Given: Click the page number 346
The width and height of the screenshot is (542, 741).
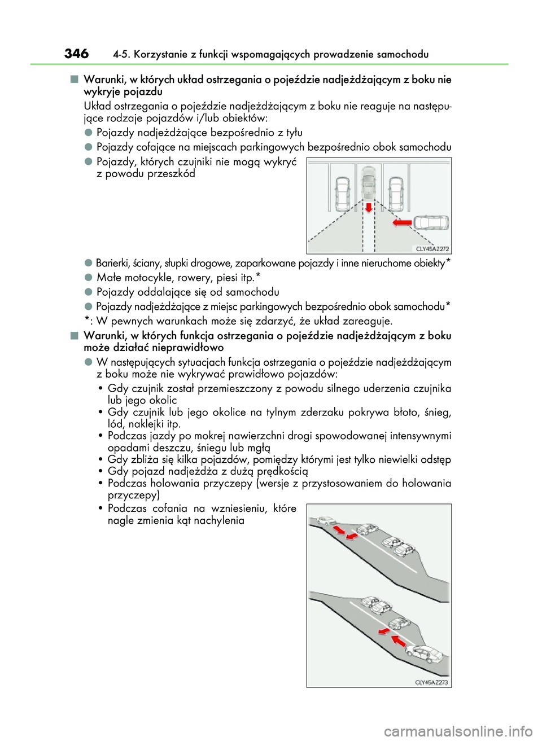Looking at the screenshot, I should click(x=76, y=54).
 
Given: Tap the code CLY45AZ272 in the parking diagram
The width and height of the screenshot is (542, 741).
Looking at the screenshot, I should click(x=432, y=248).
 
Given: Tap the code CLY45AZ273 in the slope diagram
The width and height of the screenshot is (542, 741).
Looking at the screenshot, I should click(x=432, y=682).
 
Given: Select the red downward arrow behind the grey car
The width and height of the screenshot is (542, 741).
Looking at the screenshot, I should click(x=369, y=207).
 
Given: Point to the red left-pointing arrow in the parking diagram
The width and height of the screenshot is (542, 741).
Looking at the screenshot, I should click(x=402, y=223).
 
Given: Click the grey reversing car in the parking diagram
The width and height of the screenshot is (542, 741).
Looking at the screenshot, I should click(x=368, y=183).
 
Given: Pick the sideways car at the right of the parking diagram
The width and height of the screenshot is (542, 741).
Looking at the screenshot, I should click(x=431, y=222).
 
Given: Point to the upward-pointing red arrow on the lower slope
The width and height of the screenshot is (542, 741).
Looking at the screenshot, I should click(x=399, y=641).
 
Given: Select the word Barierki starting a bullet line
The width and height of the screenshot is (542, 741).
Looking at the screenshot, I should click(x=113, y=264).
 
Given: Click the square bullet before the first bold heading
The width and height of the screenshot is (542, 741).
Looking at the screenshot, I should click(x=74, y=80).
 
